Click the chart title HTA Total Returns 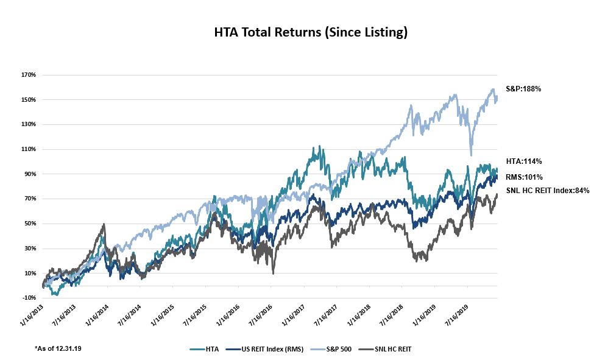[311, 33]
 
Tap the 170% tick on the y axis [29, 75]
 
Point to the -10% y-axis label [29, 298]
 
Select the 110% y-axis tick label [29, 149]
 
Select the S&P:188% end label [523, 89]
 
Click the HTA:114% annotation [523, 161]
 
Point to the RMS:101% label [524, 177]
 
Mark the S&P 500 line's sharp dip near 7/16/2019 [470, 155]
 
